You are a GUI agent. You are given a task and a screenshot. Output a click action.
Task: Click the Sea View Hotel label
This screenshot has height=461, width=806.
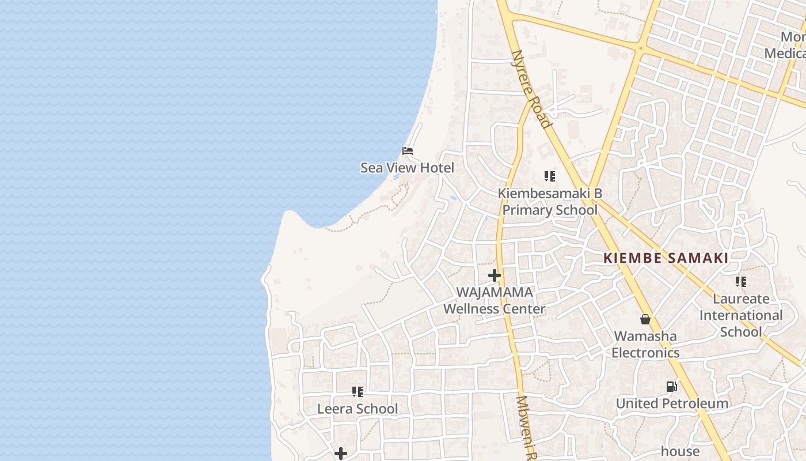point(407,168)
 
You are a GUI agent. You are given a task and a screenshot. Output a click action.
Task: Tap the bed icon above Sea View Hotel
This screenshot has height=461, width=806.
point(408,151)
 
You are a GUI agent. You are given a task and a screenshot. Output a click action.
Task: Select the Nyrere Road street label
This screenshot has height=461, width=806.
point(531,88)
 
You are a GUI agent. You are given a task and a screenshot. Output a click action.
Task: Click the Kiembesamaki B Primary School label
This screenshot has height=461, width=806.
point(550,202)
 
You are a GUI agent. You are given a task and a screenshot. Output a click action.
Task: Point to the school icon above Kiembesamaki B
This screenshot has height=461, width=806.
point(550,176)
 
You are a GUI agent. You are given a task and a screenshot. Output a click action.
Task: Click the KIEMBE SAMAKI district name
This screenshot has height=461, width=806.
point(666,258)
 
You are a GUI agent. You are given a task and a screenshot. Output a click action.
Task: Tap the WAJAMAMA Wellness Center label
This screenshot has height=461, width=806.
point(494,300)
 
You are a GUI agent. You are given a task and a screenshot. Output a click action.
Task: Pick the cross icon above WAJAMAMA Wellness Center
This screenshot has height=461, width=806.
point(495,276)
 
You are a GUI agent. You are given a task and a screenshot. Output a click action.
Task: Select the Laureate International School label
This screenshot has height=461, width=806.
point(741,315)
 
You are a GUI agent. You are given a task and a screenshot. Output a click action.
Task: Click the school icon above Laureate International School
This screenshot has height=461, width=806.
point(741,282)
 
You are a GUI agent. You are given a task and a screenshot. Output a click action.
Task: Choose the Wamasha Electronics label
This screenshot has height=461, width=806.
point(645,344)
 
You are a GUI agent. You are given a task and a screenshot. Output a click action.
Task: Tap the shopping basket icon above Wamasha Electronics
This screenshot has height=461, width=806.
point(645,319)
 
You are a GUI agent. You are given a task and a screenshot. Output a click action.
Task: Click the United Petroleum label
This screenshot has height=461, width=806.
point(672,403)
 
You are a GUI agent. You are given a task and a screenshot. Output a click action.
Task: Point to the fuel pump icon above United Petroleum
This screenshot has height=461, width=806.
point(671,387)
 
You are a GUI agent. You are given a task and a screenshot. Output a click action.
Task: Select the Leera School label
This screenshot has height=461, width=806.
point(358,409)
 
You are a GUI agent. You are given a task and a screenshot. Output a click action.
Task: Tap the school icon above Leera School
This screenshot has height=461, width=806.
point(358,392)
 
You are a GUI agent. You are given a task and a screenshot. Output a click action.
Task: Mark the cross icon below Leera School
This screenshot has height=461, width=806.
point(341,454)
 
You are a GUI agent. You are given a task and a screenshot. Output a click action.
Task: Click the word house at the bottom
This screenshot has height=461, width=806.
point(680,451)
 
